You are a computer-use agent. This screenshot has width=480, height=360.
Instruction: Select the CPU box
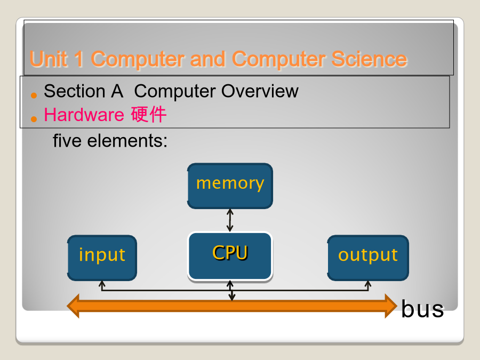(x=230, y=255)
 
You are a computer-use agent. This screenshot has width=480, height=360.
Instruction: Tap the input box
(x=102, y=258)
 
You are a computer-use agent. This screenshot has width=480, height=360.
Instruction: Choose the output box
(x=368, y=258)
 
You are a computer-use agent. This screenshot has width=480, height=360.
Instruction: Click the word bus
(x=422, y=309)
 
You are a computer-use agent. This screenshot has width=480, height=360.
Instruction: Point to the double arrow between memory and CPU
(x=230, y=220)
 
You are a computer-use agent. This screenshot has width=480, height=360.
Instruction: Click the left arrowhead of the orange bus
(x=74, y=306)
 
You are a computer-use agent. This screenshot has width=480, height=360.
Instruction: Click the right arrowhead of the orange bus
(x=391, y=306)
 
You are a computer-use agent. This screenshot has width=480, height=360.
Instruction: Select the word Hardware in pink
(x=84, y=114)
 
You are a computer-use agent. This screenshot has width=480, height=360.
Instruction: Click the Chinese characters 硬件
(x=149, y=114)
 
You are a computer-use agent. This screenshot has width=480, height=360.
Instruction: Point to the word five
(x=68, y=141)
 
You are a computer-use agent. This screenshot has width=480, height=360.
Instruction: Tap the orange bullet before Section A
(x=34, y=95)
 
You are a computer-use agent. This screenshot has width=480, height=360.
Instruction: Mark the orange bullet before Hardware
(x=34, y=118)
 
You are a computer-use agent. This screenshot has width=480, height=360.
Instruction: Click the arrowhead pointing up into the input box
(x=102, y=284)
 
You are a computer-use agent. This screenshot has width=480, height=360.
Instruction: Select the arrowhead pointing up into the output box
(x=367, y=284)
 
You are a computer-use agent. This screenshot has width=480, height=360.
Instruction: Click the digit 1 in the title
(x=78, y=59)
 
